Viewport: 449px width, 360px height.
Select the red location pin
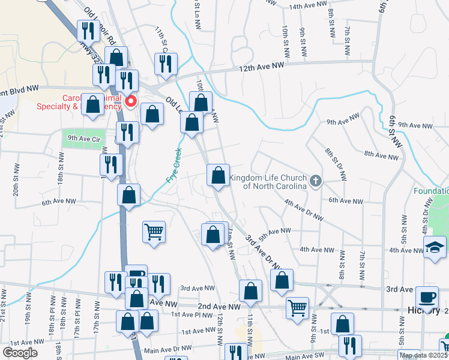(x=130, y=101)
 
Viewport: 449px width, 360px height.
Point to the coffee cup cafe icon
(x=427, y=298)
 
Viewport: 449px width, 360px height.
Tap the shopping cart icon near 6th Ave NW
(x=154, y=232)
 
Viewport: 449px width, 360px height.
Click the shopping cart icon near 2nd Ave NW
(x=297, y=307)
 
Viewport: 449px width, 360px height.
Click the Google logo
(x=19, y=353)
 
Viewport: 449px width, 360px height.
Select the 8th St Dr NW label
(x=335, y=165)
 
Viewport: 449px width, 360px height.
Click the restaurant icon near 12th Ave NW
(x=165, y=63)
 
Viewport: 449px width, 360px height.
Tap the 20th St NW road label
(x=16, y=182)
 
